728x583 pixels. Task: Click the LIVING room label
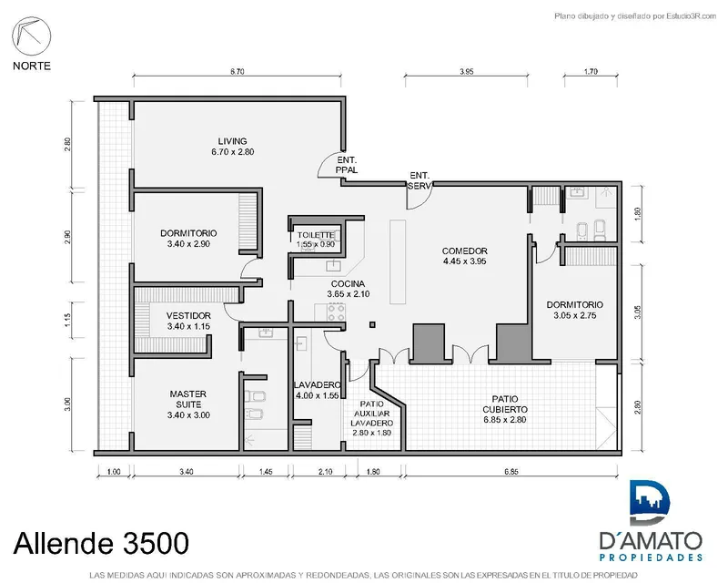coord(233,141)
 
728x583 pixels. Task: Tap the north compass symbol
coord(32,36)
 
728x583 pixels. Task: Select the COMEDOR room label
coord(464,251)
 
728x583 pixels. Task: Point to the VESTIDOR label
coord(188,316)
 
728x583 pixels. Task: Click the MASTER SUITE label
coord(188,399)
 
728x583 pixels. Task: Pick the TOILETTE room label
coord(316,235)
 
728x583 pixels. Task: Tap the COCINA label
coord(348,283)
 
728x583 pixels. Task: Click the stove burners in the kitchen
coord(336,312)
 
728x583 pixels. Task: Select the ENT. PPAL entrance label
coord(347,165)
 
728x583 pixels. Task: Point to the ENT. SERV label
coord(420,181)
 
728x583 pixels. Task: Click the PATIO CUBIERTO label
coord(505,404)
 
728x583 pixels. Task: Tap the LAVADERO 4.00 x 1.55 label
coord(317,390)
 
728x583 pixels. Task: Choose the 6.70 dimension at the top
coord(238,72)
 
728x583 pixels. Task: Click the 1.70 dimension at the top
coord(591,72)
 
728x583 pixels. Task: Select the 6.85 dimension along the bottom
coord(511,472)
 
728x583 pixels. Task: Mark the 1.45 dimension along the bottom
coord(266,472)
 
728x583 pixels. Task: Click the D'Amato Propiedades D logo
coord(650,503)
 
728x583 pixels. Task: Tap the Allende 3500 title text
coord(101,543)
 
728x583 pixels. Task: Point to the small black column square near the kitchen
coord(372,324)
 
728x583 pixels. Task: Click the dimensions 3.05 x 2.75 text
coord(575,316)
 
